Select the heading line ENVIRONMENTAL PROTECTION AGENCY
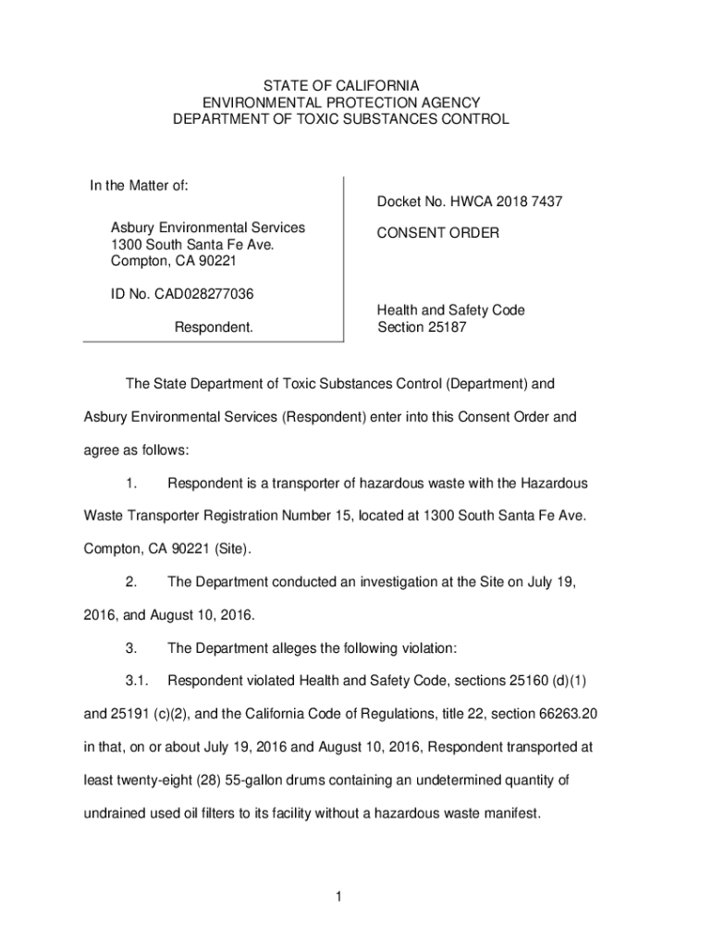pos(341,103)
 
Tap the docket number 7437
pos(545,202)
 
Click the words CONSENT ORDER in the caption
pos(437,234)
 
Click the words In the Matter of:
pos(140,186)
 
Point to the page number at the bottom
pos(340,896)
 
